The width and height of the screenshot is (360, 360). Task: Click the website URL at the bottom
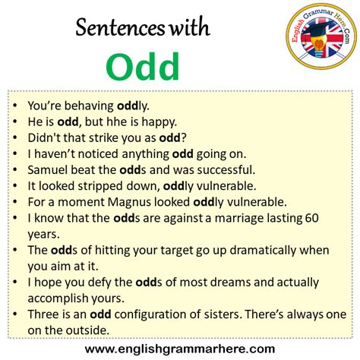click(x=180, y=349)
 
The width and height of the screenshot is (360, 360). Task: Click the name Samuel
click(x=50, y=169)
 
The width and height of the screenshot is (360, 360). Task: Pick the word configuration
click(x=165, y=315)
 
